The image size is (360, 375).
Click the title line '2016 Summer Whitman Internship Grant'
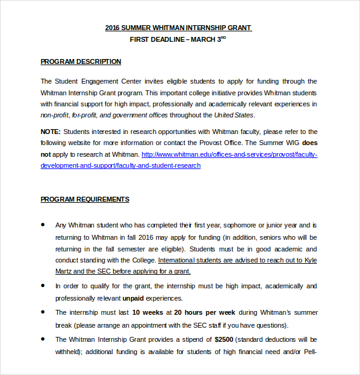point(178,28)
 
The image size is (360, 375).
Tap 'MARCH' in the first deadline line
point(204,39)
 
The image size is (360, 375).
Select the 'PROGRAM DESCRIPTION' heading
point(81,61)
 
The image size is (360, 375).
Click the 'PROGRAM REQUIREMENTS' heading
point(85,199)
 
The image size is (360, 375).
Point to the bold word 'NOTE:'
point(50,132)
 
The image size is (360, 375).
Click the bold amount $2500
point(224,339)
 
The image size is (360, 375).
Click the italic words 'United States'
point(234,115)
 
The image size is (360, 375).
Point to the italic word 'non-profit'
point(54,115)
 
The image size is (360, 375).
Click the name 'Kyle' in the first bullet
point(310,260)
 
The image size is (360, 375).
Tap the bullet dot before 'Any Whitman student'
point(43,226)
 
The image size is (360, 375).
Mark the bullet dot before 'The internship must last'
point(43,312)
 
